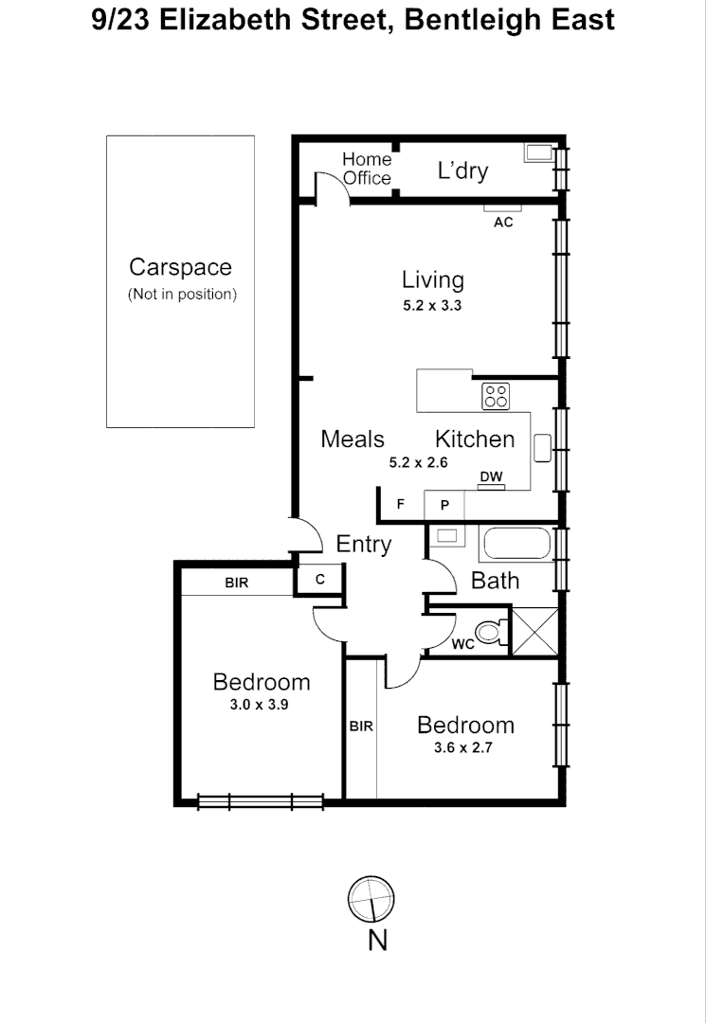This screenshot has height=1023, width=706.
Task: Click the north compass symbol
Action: (371, 898)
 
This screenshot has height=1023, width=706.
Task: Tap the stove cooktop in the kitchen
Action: (496, 395)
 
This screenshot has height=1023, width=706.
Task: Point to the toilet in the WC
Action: (488, 633)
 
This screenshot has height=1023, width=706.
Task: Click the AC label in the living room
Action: (503, 223)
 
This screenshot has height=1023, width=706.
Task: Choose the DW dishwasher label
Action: (490, 476)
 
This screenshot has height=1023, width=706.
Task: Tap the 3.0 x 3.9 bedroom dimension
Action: (261, 705)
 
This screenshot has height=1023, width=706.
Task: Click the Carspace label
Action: (180, 268)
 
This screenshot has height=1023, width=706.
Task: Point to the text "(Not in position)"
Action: (182, 294)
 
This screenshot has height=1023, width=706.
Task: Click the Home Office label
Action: (367, 169)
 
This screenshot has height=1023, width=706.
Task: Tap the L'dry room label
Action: (462, 170)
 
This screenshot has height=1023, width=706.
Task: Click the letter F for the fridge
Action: (400, 505)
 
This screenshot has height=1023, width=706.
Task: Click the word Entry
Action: (364, 545)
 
